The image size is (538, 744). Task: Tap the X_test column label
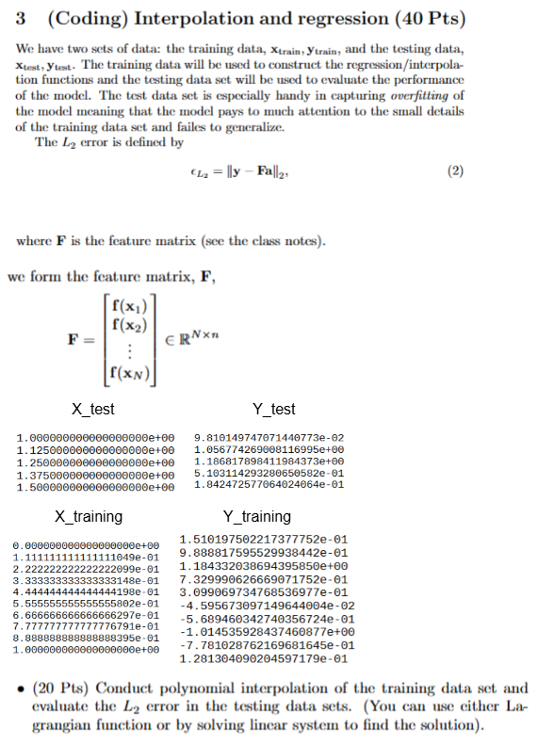click(94, 409)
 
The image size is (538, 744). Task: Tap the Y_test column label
click(274, 409)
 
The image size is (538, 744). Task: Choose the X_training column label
click(89, 516)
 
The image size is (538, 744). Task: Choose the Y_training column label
click(256, 516)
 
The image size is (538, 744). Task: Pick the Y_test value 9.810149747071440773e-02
click(269, 438)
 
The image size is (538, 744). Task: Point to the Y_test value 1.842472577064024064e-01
click(269, 486)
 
